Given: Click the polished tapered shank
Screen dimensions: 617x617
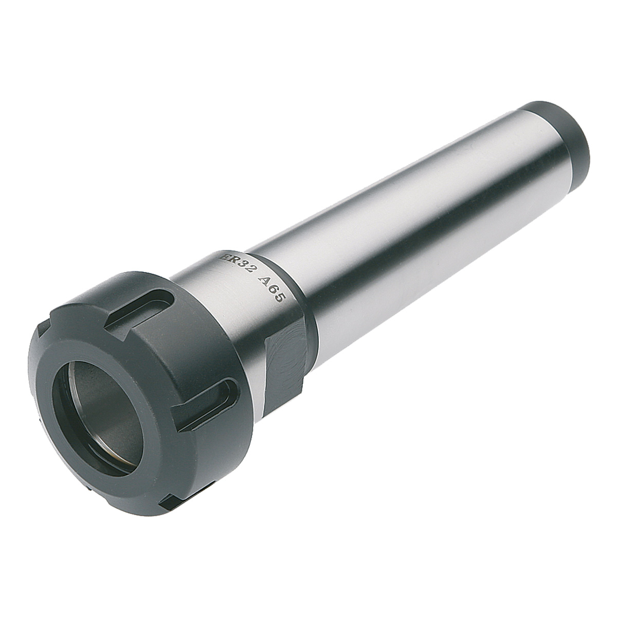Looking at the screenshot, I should [x=411, y=226].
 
